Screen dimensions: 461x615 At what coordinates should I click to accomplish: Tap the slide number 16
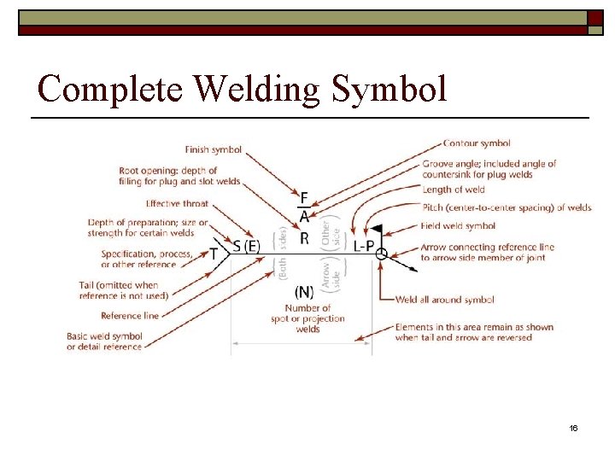point(573,428)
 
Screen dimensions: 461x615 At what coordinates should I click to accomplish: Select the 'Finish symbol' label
point(214,149)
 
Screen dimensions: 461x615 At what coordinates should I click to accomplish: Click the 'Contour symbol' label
point(477,143)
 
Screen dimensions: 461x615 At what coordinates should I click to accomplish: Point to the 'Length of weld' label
point(454,190)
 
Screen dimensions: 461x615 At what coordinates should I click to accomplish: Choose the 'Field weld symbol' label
point(458,226)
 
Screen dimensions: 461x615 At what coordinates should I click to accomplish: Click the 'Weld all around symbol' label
point(444,300)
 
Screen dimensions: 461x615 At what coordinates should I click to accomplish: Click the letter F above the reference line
point(304,199)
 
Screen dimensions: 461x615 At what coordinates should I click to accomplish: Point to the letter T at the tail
point(214,253)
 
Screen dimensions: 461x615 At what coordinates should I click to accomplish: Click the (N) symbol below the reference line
point(304,292)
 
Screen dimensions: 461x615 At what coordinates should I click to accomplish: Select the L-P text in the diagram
point(363,246)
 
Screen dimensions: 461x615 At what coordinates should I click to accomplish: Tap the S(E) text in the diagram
point(246,247)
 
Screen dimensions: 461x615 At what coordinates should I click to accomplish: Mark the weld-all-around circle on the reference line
point(381,253)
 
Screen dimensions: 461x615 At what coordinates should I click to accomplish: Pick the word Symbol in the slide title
point(390,89)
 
